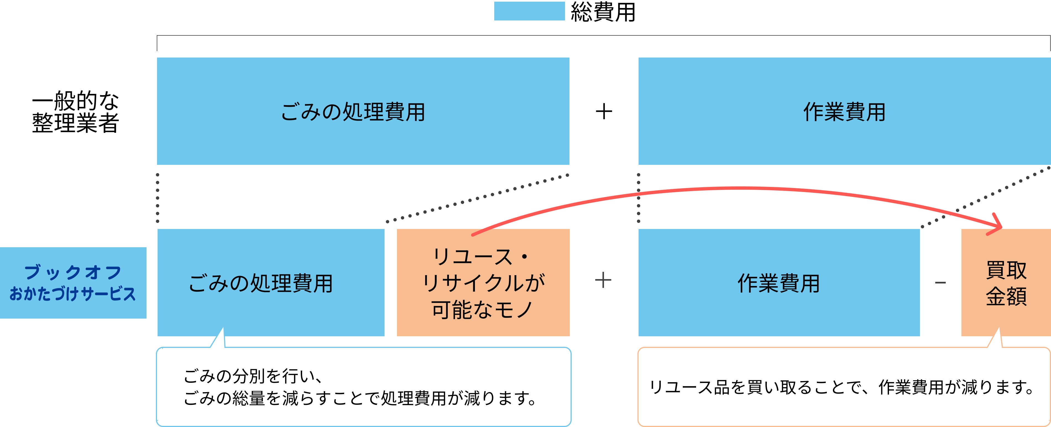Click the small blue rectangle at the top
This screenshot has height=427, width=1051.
click(x=529, y=11)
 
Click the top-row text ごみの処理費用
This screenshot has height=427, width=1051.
click(x=353, y=112)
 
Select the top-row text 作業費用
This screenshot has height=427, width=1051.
click(x=844, y=112)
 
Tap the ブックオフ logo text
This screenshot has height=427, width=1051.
click(x=73, y=272)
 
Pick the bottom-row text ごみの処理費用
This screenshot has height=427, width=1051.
click(x=261, y=283)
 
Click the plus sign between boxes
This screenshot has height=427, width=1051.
click(x=603, y=280)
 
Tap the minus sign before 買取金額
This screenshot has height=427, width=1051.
click(x=940, y=282)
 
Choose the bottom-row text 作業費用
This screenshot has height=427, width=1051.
click(x=778, y=283)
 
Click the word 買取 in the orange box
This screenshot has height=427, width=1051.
click(x=1006, y=270)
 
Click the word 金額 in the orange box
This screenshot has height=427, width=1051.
click(x=1006, y=296)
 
